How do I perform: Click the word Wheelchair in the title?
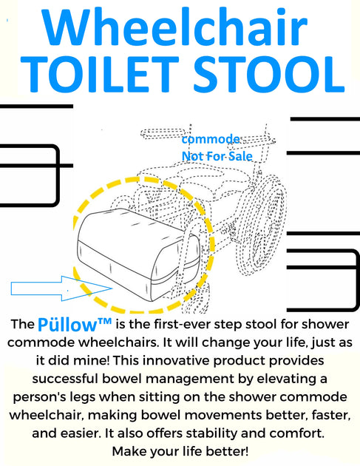coord(180,30)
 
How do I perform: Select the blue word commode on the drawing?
coord(211,140)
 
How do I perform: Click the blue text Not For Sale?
coord(217,156)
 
